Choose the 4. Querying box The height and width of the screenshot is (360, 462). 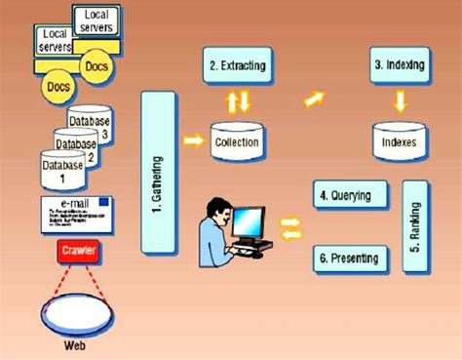(x=345, y=195)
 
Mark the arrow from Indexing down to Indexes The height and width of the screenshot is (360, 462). (x=400, y=100)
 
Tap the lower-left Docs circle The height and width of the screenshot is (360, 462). (x=58, y=86)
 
